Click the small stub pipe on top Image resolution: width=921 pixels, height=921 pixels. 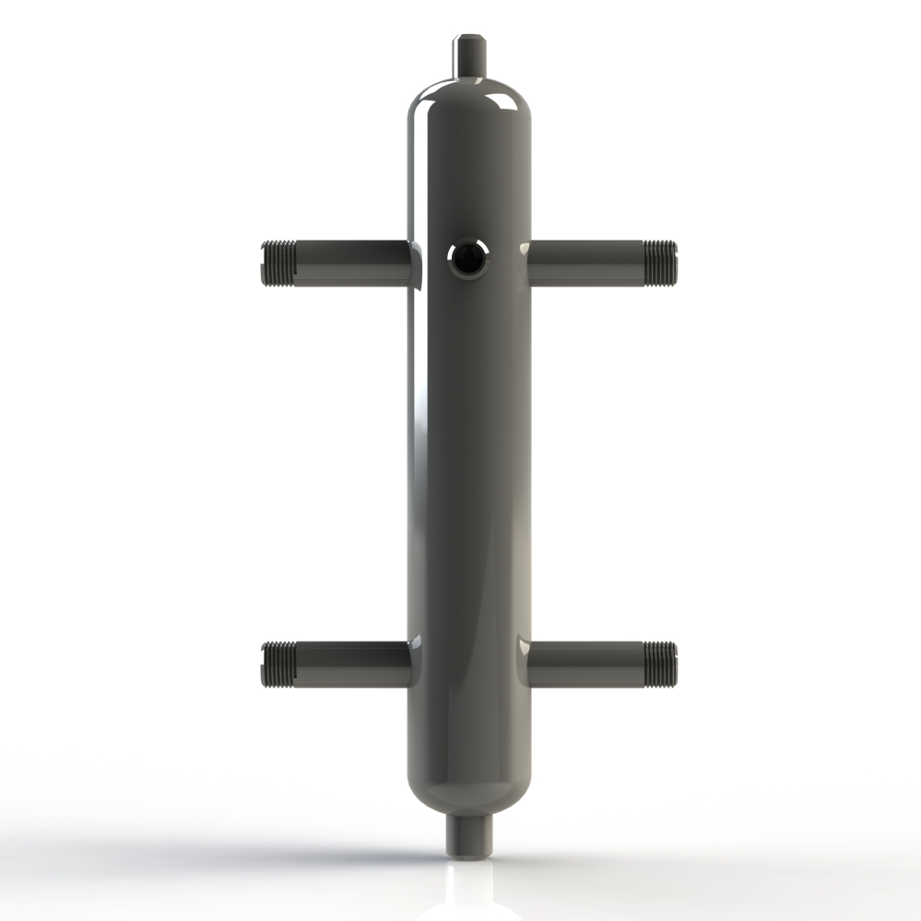click(x=468, y=55)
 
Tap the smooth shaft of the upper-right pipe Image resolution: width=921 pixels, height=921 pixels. click(x=585, y=263)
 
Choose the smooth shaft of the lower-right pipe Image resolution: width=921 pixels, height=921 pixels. click(x=585, y=665)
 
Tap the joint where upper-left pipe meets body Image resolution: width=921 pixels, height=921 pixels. click(x=411, y=263)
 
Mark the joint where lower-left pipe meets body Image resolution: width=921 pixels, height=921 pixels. click(x=411, y=665)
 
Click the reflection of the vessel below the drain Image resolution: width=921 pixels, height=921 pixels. click(x=469, y=890)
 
